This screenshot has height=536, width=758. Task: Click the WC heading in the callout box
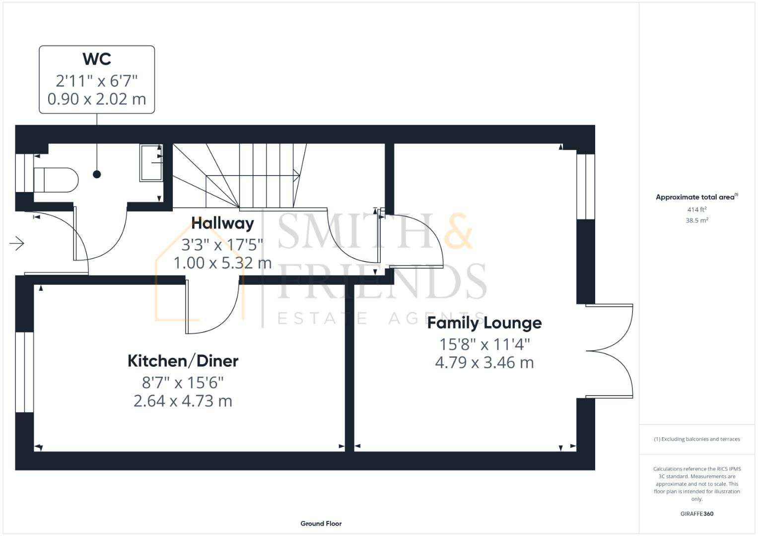click(x=97, y=59)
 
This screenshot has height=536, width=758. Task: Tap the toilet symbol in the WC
click(x=56, y=180)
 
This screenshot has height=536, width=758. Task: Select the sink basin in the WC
click(x=151, y=163)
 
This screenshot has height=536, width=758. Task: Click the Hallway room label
click(x=222, y=223)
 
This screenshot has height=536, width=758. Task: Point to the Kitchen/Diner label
click(x=183, y=361)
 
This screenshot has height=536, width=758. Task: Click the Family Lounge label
click(x=484, y=323)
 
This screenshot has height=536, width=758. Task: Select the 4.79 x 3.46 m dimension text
click(x=484, y=363)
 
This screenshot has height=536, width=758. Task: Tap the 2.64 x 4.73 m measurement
click(x=183, y=401)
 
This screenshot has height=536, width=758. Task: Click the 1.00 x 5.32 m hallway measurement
click(x=222, y=263)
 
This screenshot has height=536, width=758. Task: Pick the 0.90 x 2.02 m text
click(x=97, y=99)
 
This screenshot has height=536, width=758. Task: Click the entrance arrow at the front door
click(x=17, y=244)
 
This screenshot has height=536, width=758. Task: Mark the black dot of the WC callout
click(x=97, y=174)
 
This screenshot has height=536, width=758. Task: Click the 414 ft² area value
click(x=696, y=210)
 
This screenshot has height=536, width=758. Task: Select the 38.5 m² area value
click(x=696, y=220)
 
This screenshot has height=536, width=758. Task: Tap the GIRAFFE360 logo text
click(x=696, y=514)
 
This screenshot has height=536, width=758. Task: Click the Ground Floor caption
click(x=321, y=524)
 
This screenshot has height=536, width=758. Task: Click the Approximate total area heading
click(x=696, y=197)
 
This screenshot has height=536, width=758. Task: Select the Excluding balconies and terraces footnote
click(x=696, y=439)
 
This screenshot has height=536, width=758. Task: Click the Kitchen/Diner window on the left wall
click(x=24, y=372)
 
